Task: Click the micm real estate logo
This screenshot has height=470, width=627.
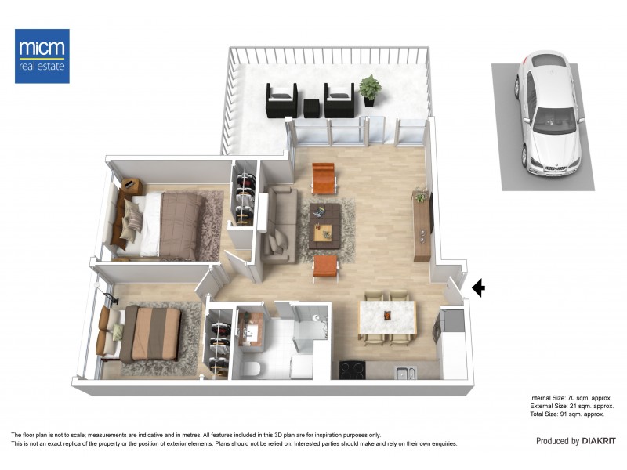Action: click(42, 56)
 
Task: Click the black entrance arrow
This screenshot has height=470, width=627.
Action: click(478, 289)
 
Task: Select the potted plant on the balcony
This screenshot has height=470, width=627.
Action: click(370, 89)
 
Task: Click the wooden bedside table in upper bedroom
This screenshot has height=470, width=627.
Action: click(131, 186)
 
